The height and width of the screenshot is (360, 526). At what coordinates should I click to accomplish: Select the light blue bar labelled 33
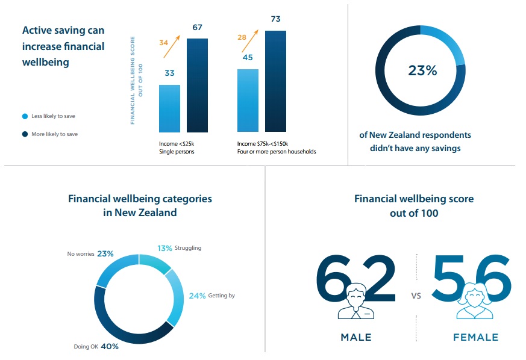coord(169,108)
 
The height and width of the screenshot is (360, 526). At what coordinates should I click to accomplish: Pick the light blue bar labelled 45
coord(248,100)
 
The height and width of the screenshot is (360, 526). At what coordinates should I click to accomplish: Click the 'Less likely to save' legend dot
coord(25,116)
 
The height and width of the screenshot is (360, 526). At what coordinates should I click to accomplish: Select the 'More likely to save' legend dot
coord(25,134)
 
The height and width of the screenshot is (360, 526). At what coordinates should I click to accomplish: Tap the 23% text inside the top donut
coord(422,70)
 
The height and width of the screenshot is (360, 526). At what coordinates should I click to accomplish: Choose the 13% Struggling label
coord(180,248)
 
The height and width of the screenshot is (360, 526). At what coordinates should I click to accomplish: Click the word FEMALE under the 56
coord(475,338)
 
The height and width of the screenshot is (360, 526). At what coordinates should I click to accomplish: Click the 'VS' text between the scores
coord(416,296)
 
